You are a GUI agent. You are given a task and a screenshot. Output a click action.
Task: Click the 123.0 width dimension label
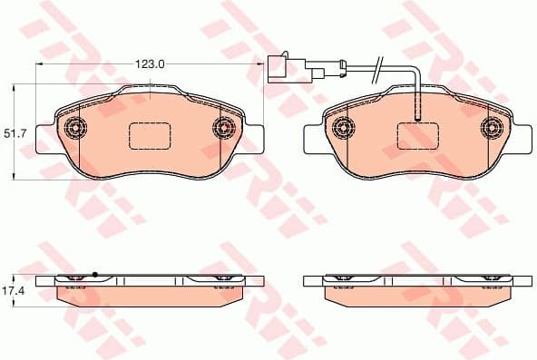(149, 64)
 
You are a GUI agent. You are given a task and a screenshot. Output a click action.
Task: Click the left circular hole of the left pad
(74, 127)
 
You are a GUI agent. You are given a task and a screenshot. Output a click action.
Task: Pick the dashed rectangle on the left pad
(149, 135)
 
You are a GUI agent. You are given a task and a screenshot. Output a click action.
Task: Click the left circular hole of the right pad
(341, 127)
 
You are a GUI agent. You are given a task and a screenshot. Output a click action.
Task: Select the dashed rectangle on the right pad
(416, 135)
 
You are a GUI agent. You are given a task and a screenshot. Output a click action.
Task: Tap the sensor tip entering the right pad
(415, 112)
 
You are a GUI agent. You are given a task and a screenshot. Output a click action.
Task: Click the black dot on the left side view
(94, 274)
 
